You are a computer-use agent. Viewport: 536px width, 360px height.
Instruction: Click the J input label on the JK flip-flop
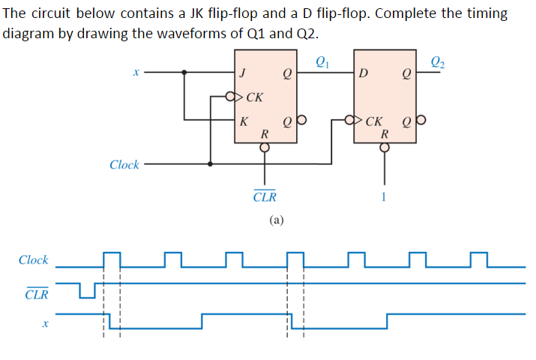click(241, 73)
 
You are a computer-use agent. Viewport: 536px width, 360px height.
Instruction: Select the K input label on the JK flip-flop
click(242, 121)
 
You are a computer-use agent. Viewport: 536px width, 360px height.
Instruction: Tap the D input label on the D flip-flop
click(364, 73)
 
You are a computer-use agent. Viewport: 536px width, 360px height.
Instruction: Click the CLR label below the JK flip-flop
click(265, 197)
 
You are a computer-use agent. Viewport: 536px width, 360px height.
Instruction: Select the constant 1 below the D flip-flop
click(384, 197)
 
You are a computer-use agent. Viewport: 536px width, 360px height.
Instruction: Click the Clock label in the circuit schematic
click(124, 164)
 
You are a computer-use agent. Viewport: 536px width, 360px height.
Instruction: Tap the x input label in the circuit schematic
click(136, 73)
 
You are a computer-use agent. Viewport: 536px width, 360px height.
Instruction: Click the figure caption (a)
click(277, 220)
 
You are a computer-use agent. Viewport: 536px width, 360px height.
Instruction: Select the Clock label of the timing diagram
click(34, 260)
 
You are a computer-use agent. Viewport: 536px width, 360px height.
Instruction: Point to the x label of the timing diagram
click(44, 324)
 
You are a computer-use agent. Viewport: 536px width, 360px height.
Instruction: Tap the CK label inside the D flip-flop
click(377, 120)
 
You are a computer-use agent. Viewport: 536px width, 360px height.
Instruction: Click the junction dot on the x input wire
click(185, 73)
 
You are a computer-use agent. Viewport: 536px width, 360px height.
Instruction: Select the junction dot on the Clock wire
click(211, 163)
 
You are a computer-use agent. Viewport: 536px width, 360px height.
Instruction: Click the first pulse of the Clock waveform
click(112, 259)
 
